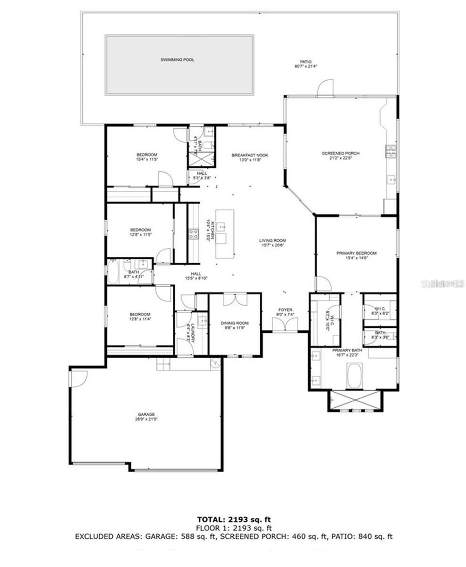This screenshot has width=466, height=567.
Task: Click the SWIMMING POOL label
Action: [x=177, y=60]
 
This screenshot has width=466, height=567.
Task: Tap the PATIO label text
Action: [x=306, y=61]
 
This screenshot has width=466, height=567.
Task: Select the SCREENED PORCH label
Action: [x=340, y=154]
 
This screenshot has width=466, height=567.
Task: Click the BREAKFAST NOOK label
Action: [x=250, y=155]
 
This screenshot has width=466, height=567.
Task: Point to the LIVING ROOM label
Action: [x=272, y=241]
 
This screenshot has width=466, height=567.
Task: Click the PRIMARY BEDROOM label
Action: [x=356, y=253]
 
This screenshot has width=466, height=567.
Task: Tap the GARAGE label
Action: [x=146, y=414]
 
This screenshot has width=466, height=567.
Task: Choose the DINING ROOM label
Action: [x=235, y=323]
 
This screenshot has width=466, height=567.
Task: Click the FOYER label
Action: [x=285, y=310]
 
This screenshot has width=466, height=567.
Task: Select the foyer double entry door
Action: [x=285, y=325]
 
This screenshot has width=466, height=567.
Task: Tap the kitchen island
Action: [x=225, y=234]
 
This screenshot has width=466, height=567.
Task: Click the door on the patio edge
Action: [x=325, y=88]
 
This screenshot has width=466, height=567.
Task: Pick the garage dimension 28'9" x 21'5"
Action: [x=146, y=419]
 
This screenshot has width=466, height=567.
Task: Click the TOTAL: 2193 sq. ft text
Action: [x=234, y=520]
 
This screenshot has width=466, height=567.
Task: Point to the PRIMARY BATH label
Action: [x=347, y=350]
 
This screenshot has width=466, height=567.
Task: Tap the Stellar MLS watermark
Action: [x=439, y=283]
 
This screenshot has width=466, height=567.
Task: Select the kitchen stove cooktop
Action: [x=194, y=234]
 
